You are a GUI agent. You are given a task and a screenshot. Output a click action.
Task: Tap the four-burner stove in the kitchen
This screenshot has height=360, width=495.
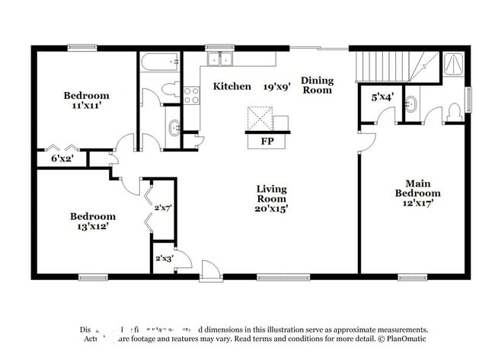click(191, 95)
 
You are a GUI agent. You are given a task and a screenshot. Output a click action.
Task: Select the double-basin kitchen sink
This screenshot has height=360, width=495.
click(222, 59)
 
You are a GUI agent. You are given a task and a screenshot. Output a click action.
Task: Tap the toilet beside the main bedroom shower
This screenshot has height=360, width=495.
click(454, 111)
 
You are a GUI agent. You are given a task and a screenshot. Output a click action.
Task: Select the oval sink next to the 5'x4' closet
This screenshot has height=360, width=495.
click(411, 105)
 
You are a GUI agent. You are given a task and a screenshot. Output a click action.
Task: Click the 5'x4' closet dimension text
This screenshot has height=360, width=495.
click(382, 97)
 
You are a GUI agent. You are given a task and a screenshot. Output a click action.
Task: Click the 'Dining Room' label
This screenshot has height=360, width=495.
click(317, 84)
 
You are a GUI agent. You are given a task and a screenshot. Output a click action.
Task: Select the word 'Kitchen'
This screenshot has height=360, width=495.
click(232, 86)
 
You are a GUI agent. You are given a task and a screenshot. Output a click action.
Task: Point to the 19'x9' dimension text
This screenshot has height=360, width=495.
click(276, 86)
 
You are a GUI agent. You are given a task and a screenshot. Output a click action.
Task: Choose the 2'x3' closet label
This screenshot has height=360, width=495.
click(164, 258)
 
